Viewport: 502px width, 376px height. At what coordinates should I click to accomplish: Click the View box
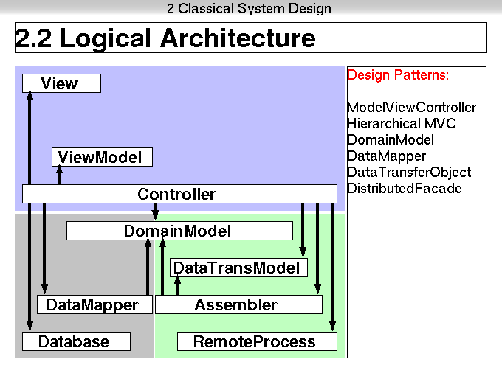[61, 83]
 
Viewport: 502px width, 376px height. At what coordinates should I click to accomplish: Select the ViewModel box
[102, 157]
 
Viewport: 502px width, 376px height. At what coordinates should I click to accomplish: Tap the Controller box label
[176, 194]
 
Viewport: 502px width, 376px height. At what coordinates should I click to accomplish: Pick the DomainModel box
[179, 231]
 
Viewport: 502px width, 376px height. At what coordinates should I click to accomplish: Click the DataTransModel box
[238, 268]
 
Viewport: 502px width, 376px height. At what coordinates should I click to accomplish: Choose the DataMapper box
[94, 304]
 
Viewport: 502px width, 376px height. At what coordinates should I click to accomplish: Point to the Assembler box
[239, 304]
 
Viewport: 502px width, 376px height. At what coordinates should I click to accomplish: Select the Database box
[76, 341]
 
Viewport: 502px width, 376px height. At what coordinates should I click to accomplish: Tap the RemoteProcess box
[257, 341]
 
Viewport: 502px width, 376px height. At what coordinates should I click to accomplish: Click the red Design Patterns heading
[398, 75]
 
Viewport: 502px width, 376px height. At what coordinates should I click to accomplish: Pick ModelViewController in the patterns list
[411, 108]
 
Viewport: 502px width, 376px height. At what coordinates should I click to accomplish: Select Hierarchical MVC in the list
[402, 123]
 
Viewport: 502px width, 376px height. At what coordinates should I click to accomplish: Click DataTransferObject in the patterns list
[409, 173]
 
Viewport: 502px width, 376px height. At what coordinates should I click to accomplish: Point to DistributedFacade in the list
[405, 188]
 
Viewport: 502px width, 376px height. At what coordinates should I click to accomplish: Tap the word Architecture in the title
[238, 38]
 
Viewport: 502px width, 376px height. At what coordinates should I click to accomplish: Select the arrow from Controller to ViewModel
[59, 175]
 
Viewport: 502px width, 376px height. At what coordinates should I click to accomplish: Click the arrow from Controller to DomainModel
[155, 212]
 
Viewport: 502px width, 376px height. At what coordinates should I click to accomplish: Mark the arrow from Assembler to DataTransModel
[177, 285]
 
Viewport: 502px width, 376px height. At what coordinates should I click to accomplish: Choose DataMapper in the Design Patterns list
[386, 156]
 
